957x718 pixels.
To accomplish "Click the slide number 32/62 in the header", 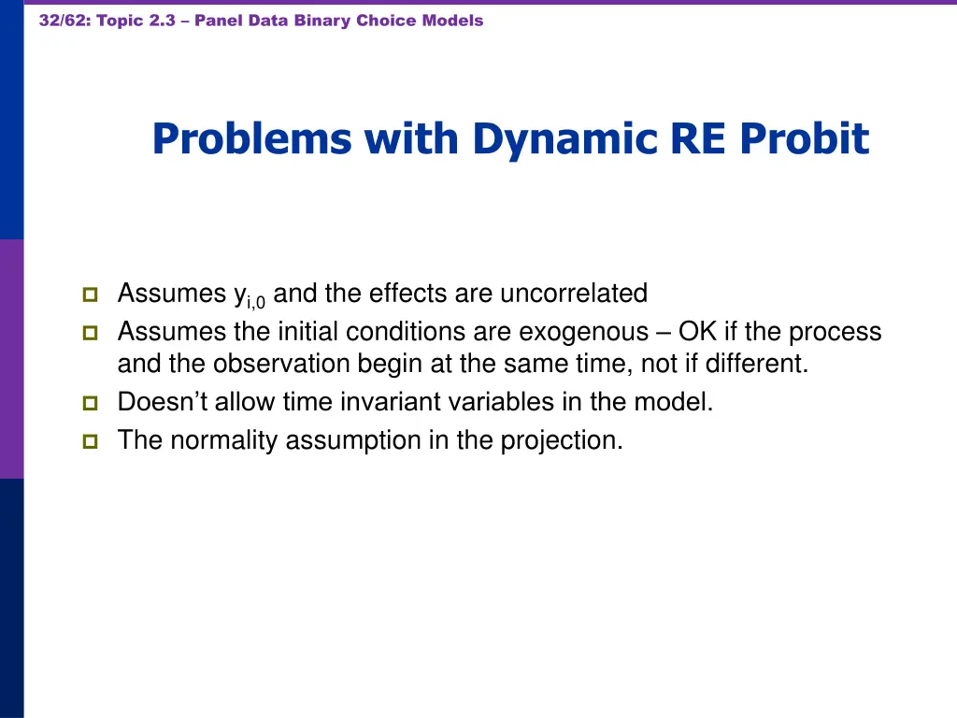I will [x=63, y=21].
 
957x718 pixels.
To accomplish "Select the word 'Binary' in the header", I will [x=323, y=21].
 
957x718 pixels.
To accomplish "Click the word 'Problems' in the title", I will [x=251, y=139].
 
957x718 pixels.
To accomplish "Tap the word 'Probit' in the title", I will [x=805, y=139].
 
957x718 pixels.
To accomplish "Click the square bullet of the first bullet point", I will [x=90, y=294].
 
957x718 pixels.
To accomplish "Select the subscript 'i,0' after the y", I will [x=256, y=301].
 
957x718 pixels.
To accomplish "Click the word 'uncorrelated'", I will [x=574, y=294].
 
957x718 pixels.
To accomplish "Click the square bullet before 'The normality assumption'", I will [x=90, y=441].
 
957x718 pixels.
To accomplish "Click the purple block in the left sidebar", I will [x=11, y=359].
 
